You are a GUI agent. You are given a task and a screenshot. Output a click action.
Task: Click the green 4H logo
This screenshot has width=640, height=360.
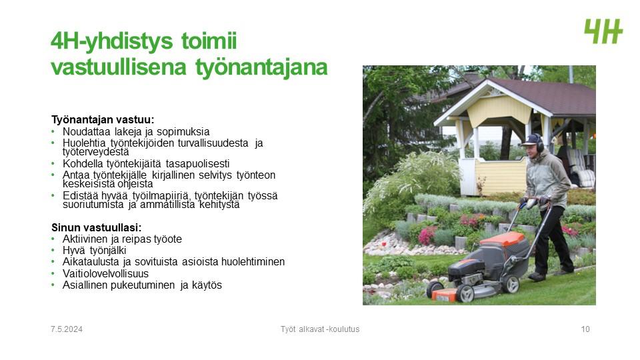(x=603, y=31)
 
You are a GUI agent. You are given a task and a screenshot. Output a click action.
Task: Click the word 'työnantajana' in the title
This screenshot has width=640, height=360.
(x=261, y=68)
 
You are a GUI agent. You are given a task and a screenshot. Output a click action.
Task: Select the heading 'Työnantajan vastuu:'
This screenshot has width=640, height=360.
(x=103, y=119)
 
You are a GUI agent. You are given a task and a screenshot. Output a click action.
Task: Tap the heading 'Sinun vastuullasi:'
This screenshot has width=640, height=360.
(x=96, y=227)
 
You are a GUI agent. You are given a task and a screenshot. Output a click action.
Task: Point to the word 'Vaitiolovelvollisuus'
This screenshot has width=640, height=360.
(x=105, y=273)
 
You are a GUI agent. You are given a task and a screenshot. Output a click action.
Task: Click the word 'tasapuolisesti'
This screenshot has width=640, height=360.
(x=197, y=164)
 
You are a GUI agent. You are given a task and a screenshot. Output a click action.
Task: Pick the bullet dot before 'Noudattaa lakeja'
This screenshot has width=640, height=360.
(x=53, y=131)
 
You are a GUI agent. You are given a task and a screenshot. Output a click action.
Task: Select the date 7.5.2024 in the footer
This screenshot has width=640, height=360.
(x=67, y=329)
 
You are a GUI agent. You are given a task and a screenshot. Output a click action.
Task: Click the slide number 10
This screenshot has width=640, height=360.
(x=585, y=329)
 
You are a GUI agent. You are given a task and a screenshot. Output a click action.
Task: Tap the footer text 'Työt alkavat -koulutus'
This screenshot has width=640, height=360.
(x=320, y=329)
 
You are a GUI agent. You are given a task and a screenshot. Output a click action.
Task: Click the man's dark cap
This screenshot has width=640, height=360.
(x=530, y=140)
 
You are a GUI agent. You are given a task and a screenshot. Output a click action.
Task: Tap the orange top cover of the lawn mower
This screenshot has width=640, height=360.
(x=503, y=239)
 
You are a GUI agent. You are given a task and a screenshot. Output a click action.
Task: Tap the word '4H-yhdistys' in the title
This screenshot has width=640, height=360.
(x=112, y=42)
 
